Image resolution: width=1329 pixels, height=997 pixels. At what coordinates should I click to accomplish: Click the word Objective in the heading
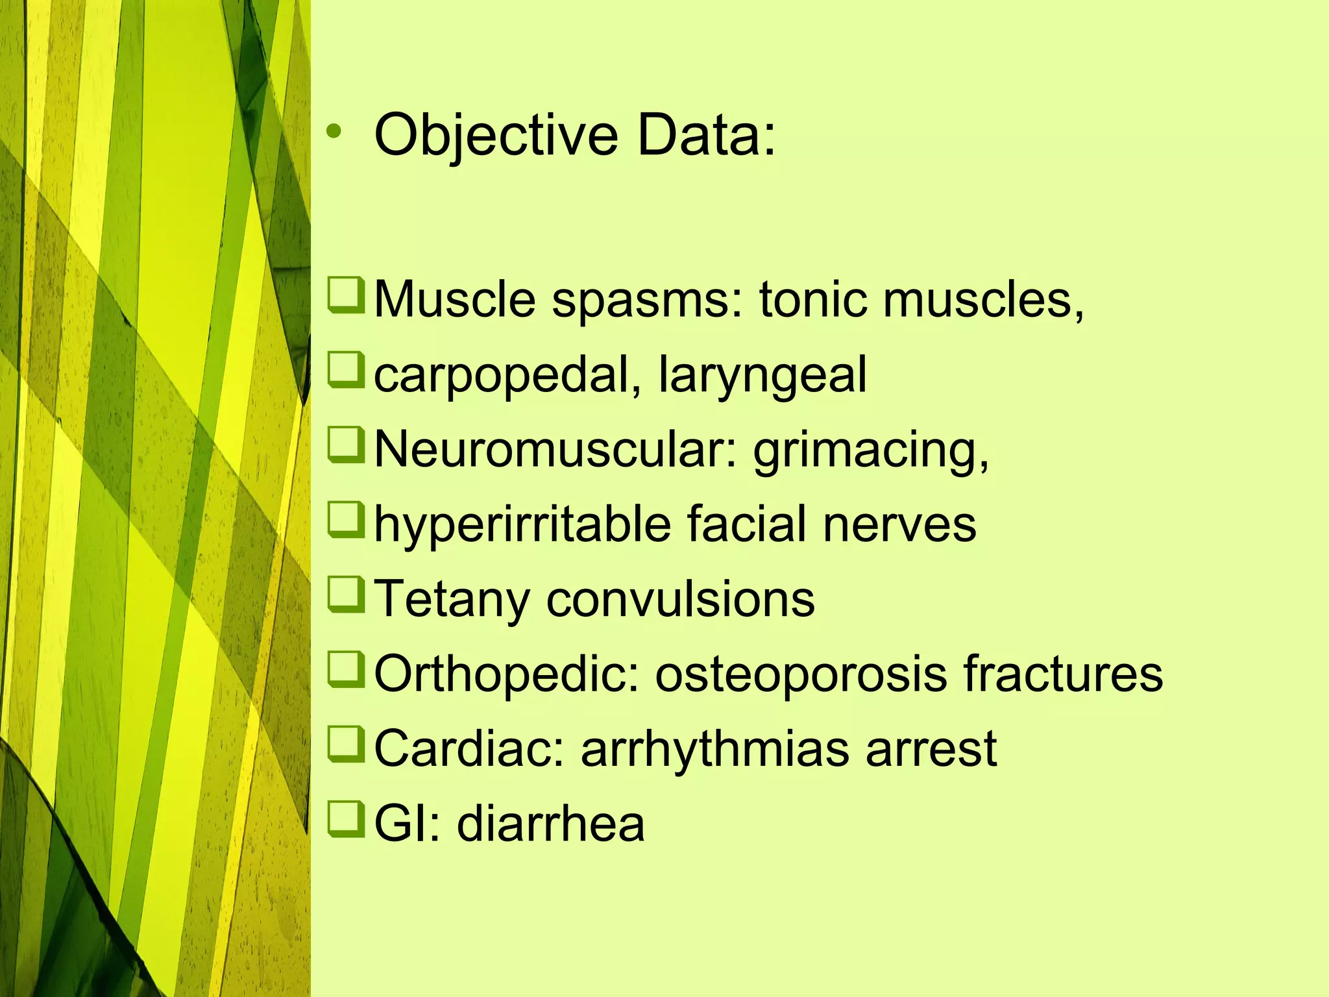point(496,136)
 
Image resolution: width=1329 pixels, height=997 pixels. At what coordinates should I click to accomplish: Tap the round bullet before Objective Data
point(334,133)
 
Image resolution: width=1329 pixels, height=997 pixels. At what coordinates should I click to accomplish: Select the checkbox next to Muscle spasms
point(345,295)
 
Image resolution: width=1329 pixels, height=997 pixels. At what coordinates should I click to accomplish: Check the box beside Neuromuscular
point(345,445)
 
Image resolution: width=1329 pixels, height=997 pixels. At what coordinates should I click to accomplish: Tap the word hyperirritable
point(522,524)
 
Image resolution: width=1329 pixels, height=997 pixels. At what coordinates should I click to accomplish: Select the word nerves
point(899,525)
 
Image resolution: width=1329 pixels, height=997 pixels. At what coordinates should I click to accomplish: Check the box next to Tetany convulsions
point(345,595)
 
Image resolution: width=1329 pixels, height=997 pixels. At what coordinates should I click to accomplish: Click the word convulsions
point(680,598)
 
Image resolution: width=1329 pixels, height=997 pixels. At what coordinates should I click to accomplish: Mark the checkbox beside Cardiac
point(345,744)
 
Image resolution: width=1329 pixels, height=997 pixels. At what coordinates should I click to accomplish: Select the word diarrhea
point(551,824)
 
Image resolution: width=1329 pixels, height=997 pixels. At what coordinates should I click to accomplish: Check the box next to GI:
point(345,819)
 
